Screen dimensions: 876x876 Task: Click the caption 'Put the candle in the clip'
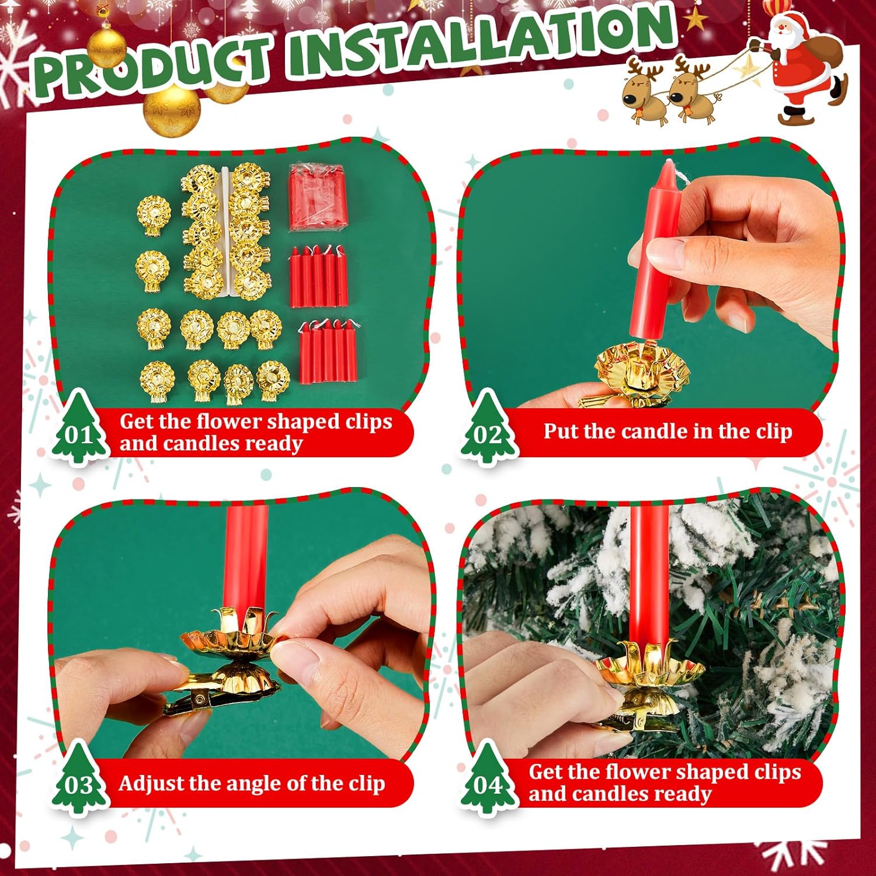pos(668,432)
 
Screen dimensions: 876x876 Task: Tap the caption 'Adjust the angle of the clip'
pos(252,783)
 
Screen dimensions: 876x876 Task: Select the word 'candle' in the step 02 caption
pos(654,431)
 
